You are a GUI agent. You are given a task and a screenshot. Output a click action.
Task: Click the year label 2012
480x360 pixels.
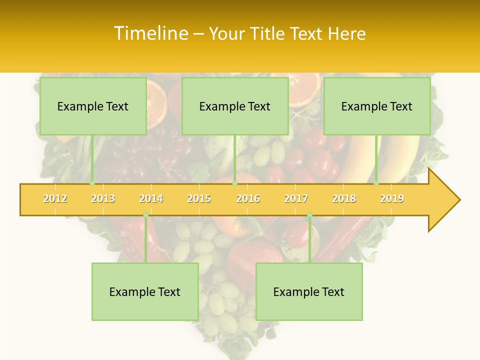point(55,198)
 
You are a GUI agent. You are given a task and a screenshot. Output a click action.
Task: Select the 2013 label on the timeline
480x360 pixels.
point(103,198)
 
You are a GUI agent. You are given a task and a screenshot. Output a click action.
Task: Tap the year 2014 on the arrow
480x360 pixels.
point(151,198)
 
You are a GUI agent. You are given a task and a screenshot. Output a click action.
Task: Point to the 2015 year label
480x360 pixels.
point(199,198)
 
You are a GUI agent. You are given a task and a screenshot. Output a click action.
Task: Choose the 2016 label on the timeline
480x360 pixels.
point(248,198)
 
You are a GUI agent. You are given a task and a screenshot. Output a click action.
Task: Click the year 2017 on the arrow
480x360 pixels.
point(296,198)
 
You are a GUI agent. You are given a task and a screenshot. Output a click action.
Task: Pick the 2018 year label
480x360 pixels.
point(344,198)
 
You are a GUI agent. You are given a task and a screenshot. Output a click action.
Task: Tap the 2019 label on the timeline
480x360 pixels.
point(392,198)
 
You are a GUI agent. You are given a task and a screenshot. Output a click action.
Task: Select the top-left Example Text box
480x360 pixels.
point(93,106)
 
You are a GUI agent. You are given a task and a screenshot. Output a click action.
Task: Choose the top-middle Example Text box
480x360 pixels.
point(235,106)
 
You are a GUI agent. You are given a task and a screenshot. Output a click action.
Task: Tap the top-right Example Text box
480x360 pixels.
point(377,106)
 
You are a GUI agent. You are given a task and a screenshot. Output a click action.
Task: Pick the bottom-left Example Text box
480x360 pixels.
point(145,291)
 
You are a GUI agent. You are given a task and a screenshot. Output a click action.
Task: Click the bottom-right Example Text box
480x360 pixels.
point(309,291)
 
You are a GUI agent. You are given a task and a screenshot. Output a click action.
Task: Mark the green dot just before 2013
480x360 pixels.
point(92,183)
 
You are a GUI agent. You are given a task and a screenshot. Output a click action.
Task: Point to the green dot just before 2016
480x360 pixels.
point(235,183)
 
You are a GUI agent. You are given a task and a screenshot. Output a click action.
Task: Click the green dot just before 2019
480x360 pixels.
point(376,183)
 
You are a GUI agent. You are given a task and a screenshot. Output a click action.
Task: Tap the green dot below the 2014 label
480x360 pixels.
point(145,215)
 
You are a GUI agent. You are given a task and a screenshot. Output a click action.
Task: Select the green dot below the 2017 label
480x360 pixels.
point(309,215)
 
